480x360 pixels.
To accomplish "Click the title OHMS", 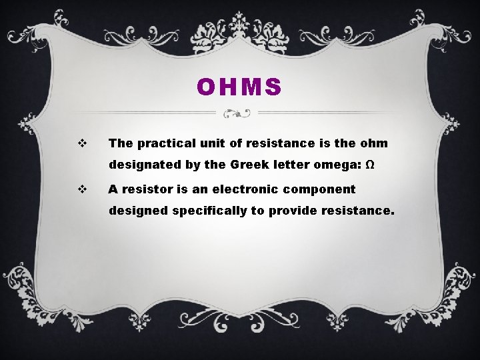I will point(239,87).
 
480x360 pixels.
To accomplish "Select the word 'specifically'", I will point(205,211).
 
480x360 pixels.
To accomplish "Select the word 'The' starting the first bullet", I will point(121,143).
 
